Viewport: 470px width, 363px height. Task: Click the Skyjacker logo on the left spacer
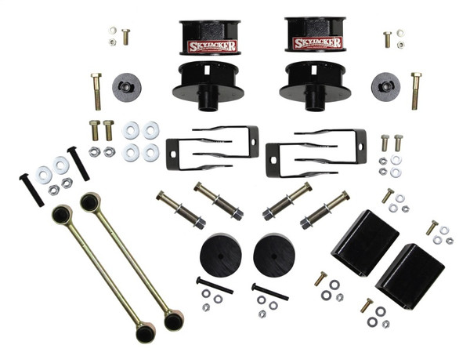click(x=211, y=45)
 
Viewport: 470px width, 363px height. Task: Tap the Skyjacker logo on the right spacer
click(x=316, y=43)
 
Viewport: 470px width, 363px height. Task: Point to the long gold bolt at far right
click(x=415, y=90)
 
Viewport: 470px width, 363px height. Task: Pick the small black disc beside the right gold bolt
click(x=385, y=85)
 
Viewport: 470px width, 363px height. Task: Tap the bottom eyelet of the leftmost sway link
click(x=146, y=332)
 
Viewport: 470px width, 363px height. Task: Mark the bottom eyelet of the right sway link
click(x=173, y=320)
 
